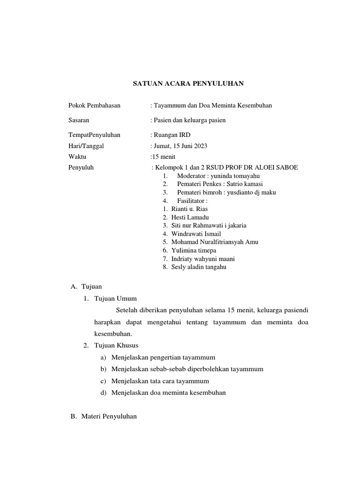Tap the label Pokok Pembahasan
click(94, 105)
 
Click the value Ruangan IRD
click(169, 135)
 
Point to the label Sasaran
click(79, 120)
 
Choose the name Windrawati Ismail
click(196, 233)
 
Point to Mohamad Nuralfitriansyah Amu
click(215, 242)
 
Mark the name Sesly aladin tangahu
click(199, 267)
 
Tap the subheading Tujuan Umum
click(115, 299)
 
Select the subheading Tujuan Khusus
click(116, 345)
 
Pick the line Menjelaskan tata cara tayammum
click(160, 381)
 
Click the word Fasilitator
click(192, 201)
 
